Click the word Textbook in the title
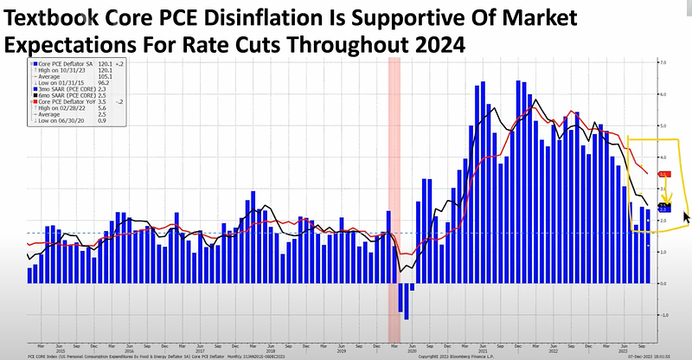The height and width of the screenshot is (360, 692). (54, 15)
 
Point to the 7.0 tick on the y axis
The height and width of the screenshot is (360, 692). (662, 63)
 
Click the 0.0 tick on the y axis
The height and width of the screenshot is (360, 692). (662, 283)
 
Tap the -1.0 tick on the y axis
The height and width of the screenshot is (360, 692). (662, 315)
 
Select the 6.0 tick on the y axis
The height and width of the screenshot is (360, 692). (662, 94)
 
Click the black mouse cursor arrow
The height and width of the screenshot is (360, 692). (688, 217)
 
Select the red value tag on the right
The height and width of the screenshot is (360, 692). (663, 174)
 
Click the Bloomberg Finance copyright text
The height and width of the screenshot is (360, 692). (467, 355)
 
